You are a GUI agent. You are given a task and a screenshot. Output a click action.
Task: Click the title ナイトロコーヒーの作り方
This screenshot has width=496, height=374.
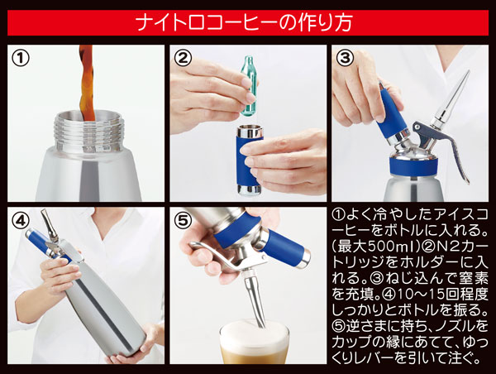coord(248,20)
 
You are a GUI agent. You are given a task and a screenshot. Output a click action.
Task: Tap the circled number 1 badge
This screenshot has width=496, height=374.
coord(22,59)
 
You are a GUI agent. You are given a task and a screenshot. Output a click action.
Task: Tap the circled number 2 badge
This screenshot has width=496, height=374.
coord(184,59)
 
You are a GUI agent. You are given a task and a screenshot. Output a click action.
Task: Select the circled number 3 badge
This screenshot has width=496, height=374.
coord(346,59)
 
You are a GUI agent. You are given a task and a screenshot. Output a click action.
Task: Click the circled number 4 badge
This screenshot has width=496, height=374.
coord(22,221)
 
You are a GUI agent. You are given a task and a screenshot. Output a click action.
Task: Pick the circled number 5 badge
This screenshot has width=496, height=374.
coord(184,221)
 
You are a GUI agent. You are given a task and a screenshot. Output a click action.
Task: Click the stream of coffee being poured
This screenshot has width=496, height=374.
coord(87,83)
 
